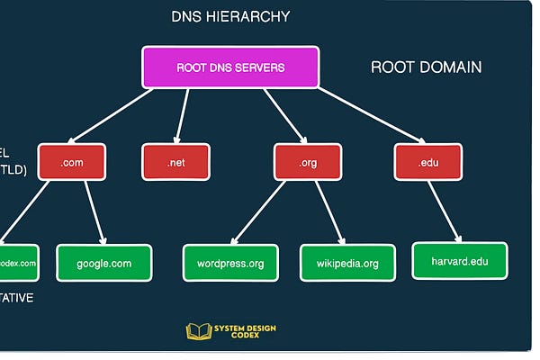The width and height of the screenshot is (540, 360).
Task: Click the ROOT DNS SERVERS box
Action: tap(229, 67)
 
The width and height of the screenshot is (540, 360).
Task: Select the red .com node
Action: tap(72, 162)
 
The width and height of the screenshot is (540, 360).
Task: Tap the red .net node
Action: tap(175, 162)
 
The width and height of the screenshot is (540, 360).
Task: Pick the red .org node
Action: tap(308, 162)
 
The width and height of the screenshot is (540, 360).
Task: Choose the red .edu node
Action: tap(427, 162)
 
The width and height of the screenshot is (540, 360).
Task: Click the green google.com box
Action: tap(103, 263)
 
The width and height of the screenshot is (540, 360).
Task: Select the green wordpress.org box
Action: tap(230, 263)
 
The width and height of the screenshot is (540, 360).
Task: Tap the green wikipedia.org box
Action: tap(347, 263)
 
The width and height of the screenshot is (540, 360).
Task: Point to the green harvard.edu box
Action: tap(461, 260)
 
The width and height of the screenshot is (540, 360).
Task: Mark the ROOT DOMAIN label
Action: tap(426, 67)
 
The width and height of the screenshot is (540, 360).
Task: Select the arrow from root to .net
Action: tap(184, 117)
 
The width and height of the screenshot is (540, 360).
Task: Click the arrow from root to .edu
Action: tap(369, 115)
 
